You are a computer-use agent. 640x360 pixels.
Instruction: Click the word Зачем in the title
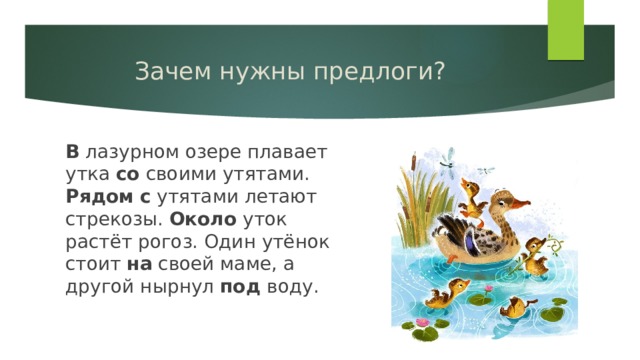[x=166, y=73]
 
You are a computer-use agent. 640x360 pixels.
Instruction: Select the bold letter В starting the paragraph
[x=72, y=152]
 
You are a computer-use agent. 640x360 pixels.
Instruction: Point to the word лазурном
[x=127, y=152]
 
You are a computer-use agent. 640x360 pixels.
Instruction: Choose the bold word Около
[x=203, y=219]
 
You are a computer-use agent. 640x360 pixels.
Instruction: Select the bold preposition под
[x=239, y=288]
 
